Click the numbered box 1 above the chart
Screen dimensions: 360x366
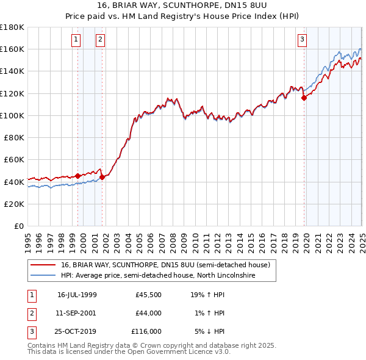pyautogui.click(x=76, y=40)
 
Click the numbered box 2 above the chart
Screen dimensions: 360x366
pyautogui.click(x=100, y=40)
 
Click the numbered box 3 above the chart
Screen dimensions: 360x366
pyautogui.click(x=303, y=40)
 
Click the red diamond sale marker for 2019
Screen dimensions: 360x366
pyautogui.click(x=304, y=98)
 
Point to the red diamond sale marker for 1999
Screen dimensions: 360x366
pyautogui.click(x=78, y=176)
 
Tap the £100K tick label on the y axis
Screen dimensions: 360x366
pyautogui.click(x=13, y=115)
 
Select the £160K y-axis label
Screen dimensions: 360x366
pyautogui.click(x=13, y=49)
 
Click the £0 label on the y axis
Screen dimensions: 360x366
pyautogui.click(x=19, y=226)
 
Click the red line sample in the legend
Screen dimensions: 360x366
pyautogui.click(x=43, y=265)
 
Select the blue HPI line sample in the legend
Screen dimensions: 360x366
pyautogui.click(x=43, y=275)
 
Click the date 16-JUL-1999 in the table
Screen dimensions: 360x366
pyautogui.click(x=77, y=294)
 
